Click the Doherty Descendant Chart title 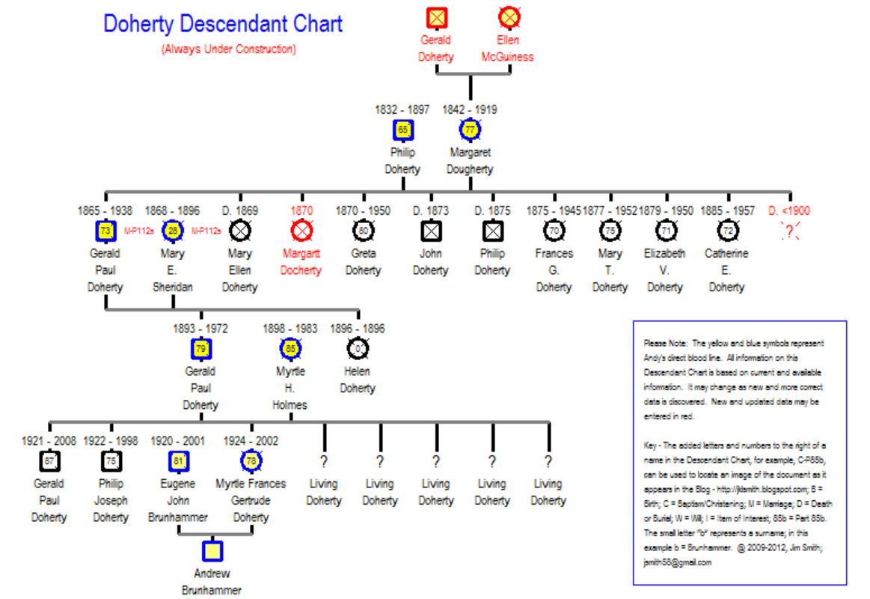pos(223,24)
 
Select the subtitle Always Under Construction pos(228,49)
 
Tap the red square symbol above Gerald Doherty pos(436,16)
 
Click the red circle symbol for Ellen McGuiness pos(509,16)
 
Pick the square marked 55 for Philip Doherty pos(403,130)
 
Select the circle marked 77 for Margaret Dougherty pos(470,130)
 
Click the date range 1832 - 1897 pos(402,109)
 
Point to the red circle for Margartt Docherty pos(301,231)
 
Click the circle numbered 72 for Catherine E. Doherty pos(726,231)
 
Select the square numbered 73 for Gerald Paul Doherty pos(105,231)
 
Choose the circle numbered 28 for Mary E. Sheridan pos(173,231)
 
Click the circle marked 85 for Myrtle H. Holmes pos(290,348)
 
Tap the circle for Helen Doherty pos(358,348)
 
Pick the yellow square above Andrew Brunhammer pos(212,551)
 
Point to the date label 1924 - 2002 pos(251,441)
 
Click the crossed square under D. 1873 pos(431,231)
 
